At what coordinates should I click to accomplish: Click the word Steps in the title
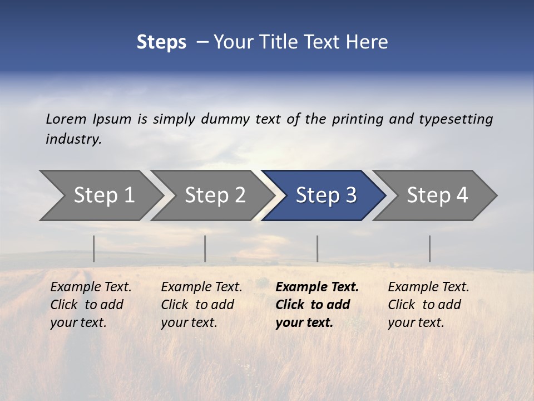click(161, 42)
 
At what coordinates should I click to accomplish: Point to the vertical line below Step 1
click(94, 248)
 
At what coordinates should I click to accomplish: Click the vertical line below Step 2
click(205, 248)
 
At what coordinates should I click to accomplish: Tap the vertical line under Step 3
click(317, 248)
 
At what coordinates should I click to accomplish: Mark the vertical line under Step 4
click(429, 248)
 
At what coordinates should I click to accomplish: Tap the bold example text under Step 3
click(317, 305)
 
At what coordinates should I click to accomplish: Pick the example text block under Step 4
click(428, 305)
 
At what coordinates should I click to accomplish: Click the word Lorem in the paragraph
click(66, 119)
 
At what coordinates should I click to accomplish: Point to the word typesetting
click(456, 119)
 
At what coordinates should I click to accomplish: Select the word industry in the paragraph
click(73, 139)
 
